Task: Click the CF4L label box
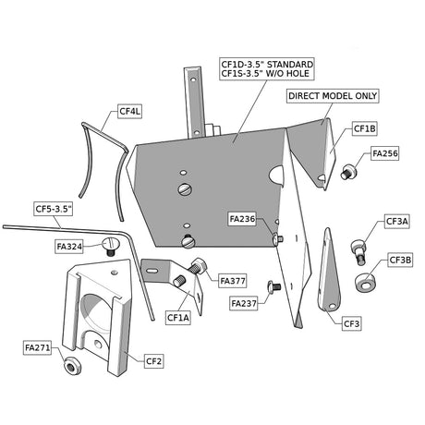tap(129, 111)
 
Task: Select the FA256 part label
tap(385, 153)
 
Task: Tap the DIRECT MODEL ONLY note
tap(333, 96)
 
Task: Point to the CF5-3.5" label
tap(54, 209)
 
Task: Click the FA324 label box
tap(69, 247)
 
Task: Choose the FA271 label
tap(37, 347)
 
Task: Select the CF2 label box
tap(153, 361)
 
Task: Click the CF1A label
tap(178, 318)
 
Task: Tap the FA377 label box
tap(233, 281)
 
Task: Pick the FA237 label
tap(244, 304)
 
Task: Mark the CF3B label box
tap(400, 261)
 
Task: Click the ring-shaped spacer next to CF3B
tap(366, 282)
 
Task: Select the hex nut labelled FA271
tap(73, 365)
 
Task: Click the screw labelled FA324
tap(110, 246)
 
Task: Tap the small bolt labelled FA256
tap(349, 172)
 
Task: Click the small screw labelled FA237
tap(274, 286)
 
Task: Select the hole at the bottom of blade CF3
tap(332, 306)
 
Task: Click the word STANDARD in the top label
tap(290, 65)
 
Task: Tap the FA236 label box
tap(242, 219)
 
